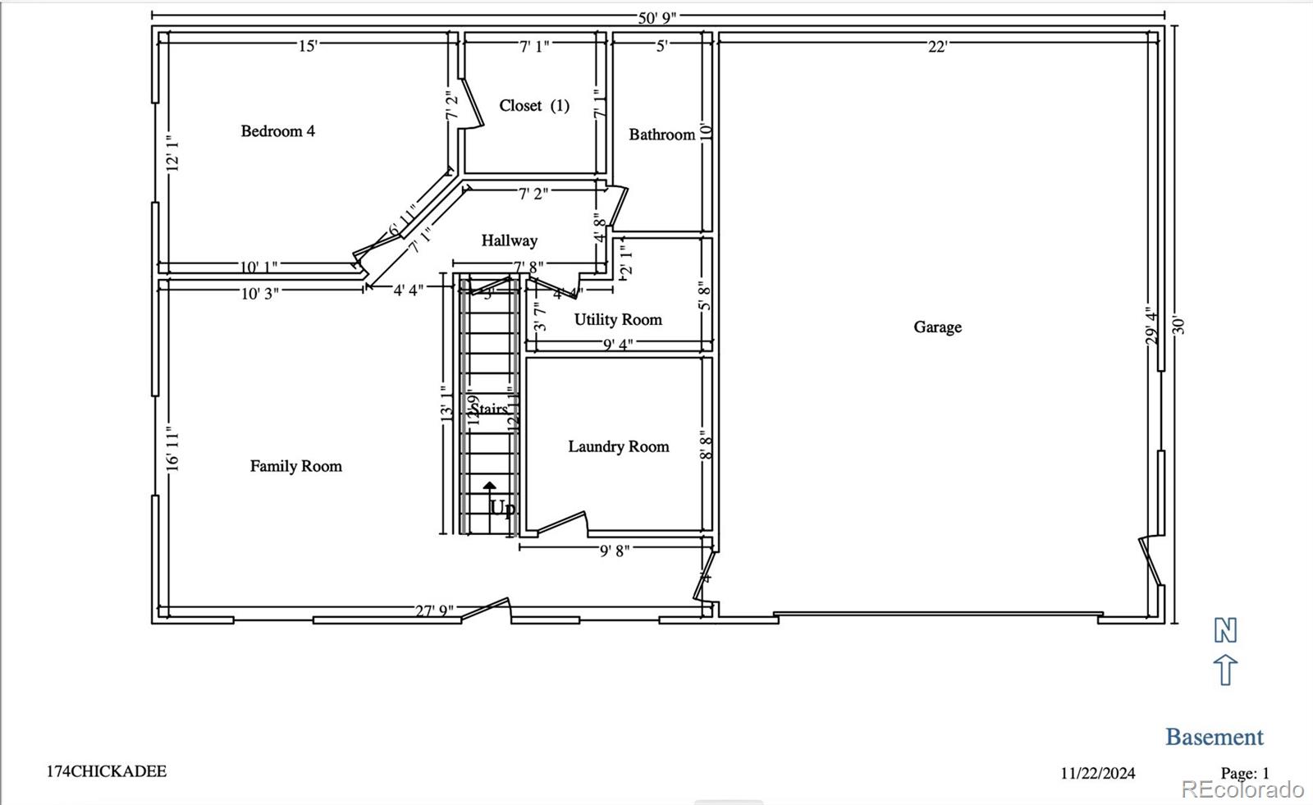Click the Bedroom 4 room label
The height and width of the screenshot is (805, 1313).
pos(277,131)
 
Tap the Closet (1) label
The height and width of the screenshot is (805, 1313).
pos(534,106)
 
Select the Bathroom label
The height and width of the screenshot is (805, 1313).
pos(661,135)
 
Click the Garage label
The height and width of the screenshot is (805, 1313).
pos(937,327)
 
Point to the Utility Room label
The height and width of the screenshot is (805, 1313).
pos(618,320)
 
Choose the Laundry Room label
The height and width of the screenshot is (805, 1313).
pos(618,447)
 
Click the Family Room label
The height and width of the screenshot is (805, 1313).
pos(295,467)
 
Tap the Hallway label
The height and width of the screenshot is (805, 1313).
pos(509,241)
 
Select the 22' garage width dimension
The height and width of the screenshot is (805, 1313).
pos(937,48)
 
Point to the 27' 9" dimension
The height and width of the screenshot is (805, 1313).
pos(434,611)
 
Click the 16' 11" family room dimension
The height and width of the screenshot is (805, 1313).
pos(173,448)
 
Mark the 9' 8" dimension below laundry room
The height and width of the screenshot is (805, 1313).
pos(614,551)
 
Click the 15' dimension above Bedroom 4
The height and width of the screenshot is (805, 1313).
pos(307,47)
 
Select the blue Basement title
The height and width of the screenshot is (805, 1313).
pos(1214,737)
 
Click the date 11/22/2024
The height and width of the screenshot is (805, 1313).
pos(1097,773)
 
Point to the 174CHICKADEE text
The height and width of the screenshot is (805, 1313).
pos(107,771)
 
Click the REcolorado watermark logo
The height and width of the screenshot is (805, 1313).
pos(1242,789)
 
